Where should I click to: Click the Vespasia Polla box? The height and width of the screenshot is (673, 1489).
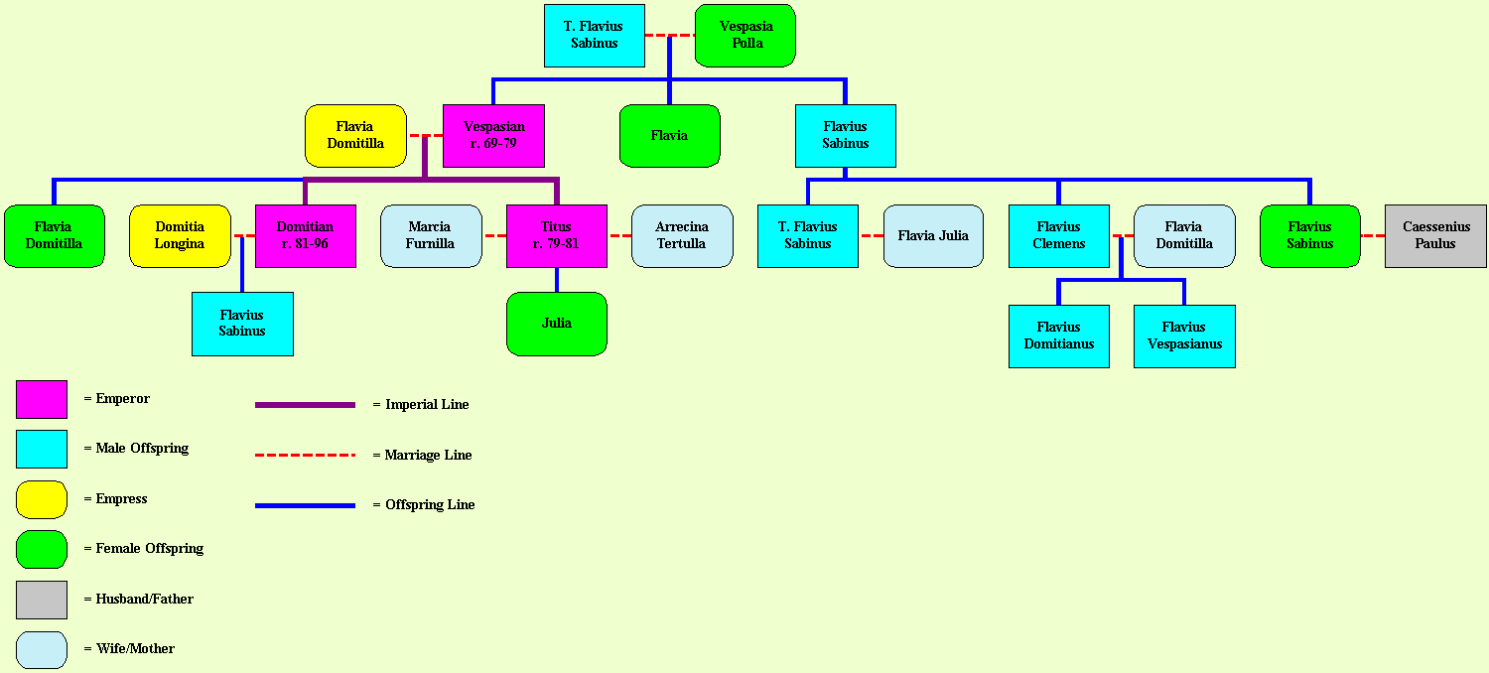tap(745, 36)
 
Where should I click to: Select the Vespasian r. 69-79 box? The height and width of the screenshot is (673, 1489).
tap(494, 136)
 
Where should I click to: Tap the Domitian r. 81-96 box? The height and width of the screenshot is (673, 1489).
tap(306, 236)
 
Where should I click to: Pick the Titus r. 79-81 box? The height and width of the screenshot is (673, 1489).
tap(557, 236)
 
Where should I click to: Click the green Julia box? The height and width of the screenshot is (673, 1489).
tap(557, 324)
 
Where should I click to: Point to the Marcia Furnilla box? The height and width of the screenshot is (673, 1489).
tap(432, 236)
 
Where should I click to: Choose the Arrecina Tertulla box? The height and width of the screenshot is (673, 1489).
tap(683, 236)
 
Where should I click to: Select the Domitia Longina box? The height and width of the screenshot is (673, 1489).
tap(180, 236)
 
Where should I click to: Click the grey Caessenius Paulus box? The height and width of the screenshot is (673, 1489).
tap(1435, 236)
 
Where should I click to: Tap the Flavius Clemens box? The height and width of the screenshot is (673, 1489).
tap(1059, 236)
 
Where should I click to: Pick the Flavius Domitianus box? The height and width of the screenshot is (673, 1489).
tap(1059, 336)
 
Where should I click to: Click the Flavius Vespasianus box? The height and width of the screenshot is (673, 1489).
tap(1184, 336)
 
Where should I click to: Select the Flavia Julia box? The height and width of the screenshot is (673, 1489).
tap(933, 236)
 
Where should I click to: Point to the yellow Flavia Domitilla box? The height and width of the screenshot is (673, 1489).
tap(355, 136)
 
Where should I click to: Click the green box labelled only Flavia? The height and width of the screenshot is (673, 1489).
tap(670, 136)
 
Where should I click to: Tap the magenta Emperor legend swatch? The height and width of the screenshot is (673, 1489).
tap(42, 399)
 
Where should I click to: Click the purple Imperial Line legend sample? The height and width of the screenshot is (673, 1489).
tap(305, 404)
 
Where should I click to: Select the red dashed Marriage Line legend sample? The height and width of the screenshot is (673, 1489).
tap(305, 455)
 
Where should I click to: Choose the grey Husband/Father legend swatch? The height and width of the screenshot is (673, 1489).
tap(42, 600)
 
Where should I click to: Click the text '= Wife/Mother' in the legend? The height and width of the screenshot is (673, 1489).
tap(130, 648)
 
